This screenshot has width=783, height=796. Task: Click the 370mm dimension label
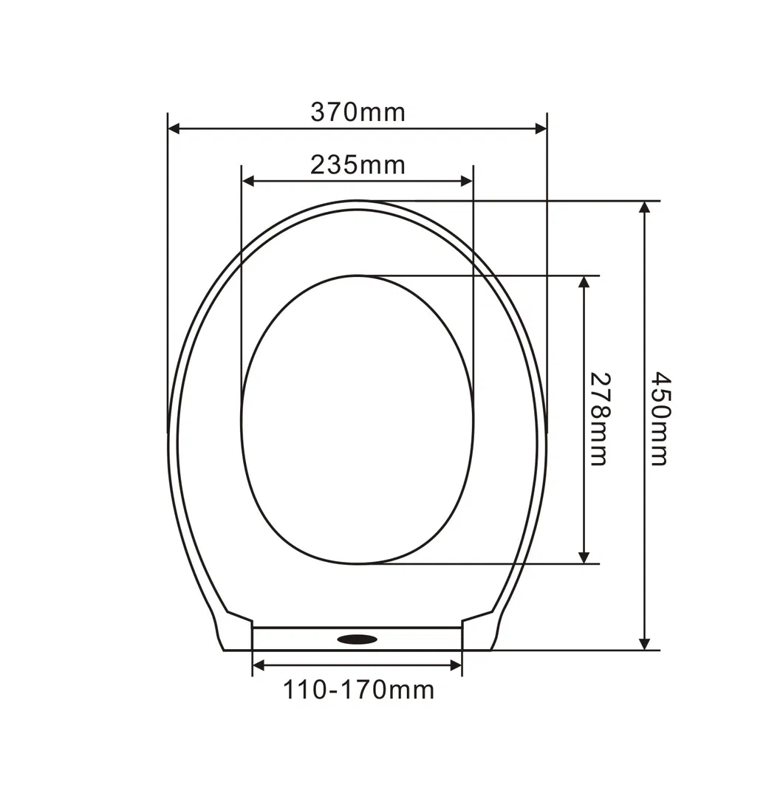pos(358,112)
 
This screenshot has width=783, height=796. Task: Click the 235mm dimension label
pos(358,165)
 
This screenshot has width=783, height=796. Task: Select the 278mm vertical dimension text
pos(599,419)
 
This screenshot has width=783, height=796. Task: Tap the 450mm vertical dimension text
pos(660,419)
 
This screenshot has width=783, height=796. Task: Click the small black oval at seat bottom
pos(358,638)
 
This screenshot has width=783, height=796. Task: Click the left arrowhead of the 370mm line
pos(174,129)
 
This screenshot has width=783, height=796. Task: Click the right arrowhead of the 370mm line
pos(541,129)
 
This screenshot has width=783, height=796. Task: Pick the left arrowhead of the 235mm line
pos(249,181)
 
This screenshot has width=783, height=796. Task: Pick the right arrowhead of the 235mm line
pos(467,181)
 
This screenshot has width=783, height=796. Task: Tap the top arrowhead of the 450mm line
pos(645,207)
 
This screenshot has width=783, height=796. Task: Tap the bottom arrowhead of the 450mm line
pos(645,644)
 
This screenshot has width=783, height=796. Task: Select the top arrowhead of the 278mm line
pos(584,283)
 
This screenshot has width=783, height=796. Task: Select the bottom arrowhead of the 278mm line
pos(584,557)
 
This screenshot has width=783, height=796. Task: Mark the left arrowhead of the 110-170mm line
pos(259,666)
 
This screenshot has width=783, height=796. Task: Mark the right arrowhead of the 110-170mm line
pos(456,666)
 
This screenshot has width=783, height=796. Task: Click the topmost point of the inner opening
pos(358,275)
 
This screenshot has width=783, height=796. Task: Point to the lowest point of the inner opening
pos(358,564)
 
